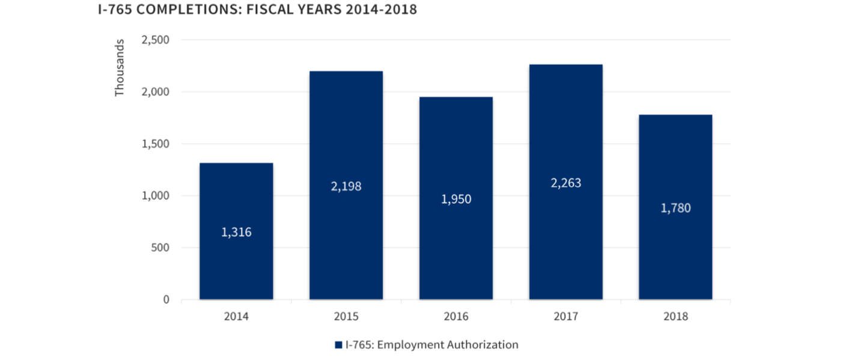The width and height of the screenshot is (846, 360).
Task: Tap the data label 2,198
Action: (346, 186)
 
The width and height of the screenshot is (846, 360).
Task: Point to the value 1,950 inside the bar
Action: (456, 199)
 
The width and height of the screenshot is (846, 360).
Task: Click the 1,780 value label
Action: (675, 209)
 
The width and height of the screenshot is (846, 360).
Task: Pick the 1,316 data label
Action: (236, 232)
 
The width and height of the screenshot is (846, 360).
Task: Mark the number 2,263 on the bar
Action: (565, 183)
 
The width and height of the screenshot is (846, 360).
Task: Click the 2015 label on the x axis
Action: (346, 317)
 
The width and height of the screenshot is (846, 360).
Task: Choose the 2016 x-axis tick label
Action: (456, 317)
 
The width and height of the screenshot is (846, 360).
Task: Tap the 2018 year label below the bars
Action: (675, 317)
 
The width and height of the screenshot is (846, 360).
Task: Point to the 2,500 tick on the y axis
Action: (155, 40)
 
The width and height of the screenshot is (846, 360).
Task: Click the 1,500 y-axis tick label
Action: (155, 144)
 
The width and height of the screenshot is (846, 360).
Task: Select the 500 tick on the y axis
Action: (161, 248)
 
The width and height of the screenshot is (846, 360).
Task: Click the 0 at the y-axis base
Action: (166, 299)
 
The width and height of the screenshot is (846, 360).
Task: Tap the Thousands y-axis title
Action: (120, 67)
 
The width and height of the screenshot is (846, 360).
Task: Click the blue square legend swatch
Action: (338, 346)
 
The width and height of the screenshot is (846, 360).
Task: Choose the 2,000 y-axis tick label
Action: (155, 92)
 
